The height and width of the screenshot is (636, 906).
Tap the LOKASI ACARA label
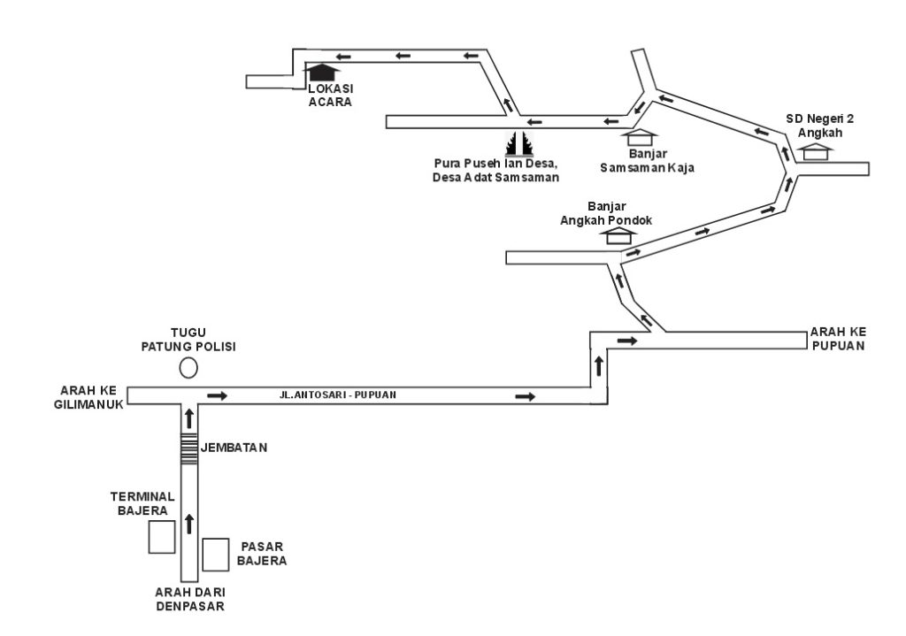pos(330,95)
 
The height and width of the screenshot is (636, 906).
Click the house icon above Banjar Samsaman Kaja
pos(640,138)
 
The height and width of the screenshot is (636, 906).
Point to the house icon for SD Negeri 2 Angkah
pos(816,151)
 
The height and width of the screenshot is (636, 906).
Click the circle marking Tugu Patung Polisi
pos(188,368)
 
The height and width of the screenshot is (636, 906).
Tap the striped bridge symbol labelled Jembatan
pos(188,448)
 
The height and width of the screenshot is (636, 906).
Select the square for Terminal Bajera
pos(162,537)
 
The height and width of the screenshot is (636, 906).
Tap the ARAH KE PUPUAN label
pos(836,340)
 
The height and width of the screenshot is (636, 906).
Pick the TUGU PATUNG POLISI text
pos(188,341)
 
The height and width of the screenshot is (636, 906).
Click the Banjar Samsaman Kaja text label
pos(641,160)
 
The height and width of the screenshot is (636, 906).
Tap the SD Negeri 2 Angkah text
pos(820,125)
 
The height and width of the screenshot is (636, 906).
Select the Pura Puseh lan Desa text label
pos(497,170)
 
